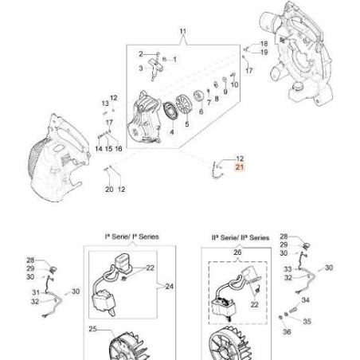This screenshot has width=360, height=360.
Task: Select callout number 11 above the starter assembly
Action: [182, 33]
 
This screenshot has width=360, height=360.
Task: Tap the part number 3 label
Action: [140, 68]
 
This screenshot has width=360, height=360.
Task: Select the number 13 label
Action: [104, 104]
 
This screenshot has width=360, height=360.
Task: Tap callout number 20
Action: [109, 190]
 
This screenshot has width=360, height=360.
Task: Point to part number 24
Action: [169, 285]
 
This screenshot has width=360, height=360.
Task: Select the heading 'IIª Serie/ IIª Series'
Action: [240, 237]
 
